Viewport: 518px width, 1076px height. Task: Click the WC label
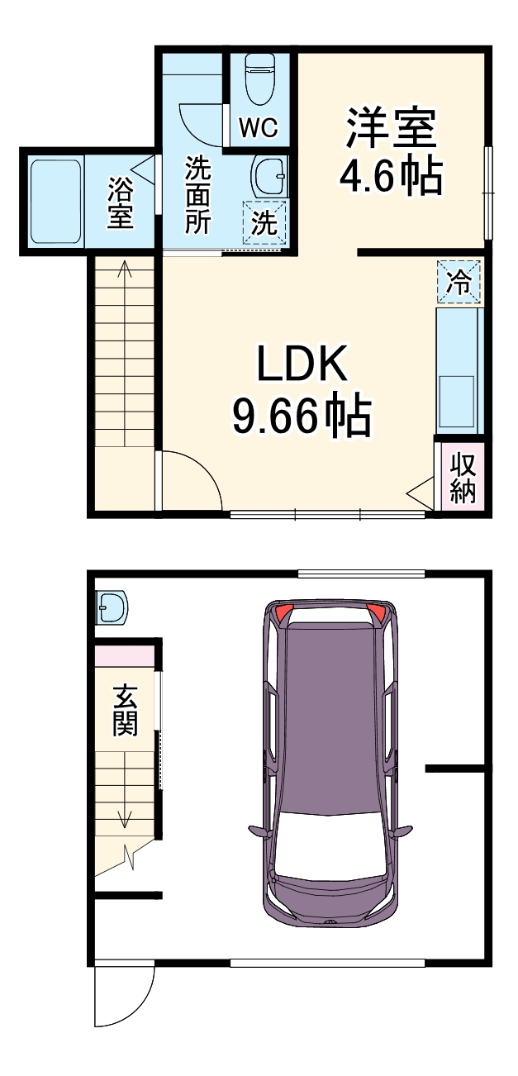click(x=259, y=128)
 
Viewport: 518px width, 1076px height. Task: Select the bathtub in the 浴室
click(x=55, y=202)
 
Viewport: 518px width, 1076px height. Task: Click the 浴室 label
click(x=121, y=202)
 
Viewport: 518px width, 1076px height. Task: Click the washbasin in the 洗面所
click(x=269, y=175)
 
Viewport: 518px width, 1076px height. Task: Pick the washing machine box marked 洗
click(x=264, y=222)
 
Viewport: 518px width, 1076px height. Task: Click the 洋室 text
click(x=391, y=131)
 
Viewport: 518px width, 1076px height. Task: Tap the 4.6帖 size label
click(x=391, y=175)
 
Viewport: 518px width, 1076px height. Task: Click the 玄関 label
click(x=125, y=710)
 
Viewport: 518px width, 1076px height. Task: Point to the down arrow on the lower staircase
click(x=125, y=819)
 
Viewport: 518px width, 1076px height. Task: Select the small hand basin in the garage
click(x=111, y=608)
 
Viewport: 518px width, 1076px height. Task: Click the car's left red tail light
click(x=283, y=613)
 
